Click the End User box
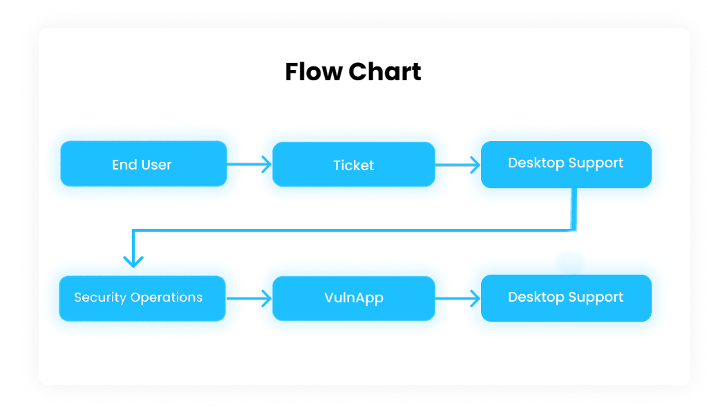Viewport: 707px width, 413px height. click(143, 164)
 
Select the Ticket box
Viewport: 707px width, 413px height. click(353, 165)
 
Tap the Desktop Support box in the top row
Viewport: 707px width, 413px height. click(565, 164)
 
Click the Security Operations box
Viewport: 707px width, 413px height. click(142, 298)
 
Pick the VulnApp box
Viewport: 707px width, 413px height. click(353, 298)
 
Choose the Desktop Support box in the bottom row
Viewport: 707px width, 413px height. click(565, 298)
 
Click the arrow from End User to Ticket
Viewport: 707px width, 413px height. click(249, 165)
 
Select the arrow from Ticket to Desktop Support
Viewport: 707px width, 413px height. click(458, 165)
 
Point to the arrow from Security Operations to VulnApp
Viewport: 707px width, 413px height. click(249, 299)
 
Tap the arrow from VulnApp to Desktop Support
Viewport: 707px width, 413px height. click(458, 299)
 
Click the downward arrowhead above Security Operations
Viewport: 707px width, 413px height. click(133, 260)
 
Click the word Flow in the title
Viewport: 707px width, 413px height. click(313, 72)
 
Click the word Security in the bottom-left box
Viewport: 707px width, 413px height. click(100, 297)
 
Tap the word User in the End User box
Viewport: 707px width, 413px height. click(156, 165)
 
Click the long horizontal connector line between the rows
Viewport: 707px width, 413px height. click(352, 230)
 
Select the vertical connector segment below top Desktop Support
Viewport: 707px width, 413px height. click(574, 209)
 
